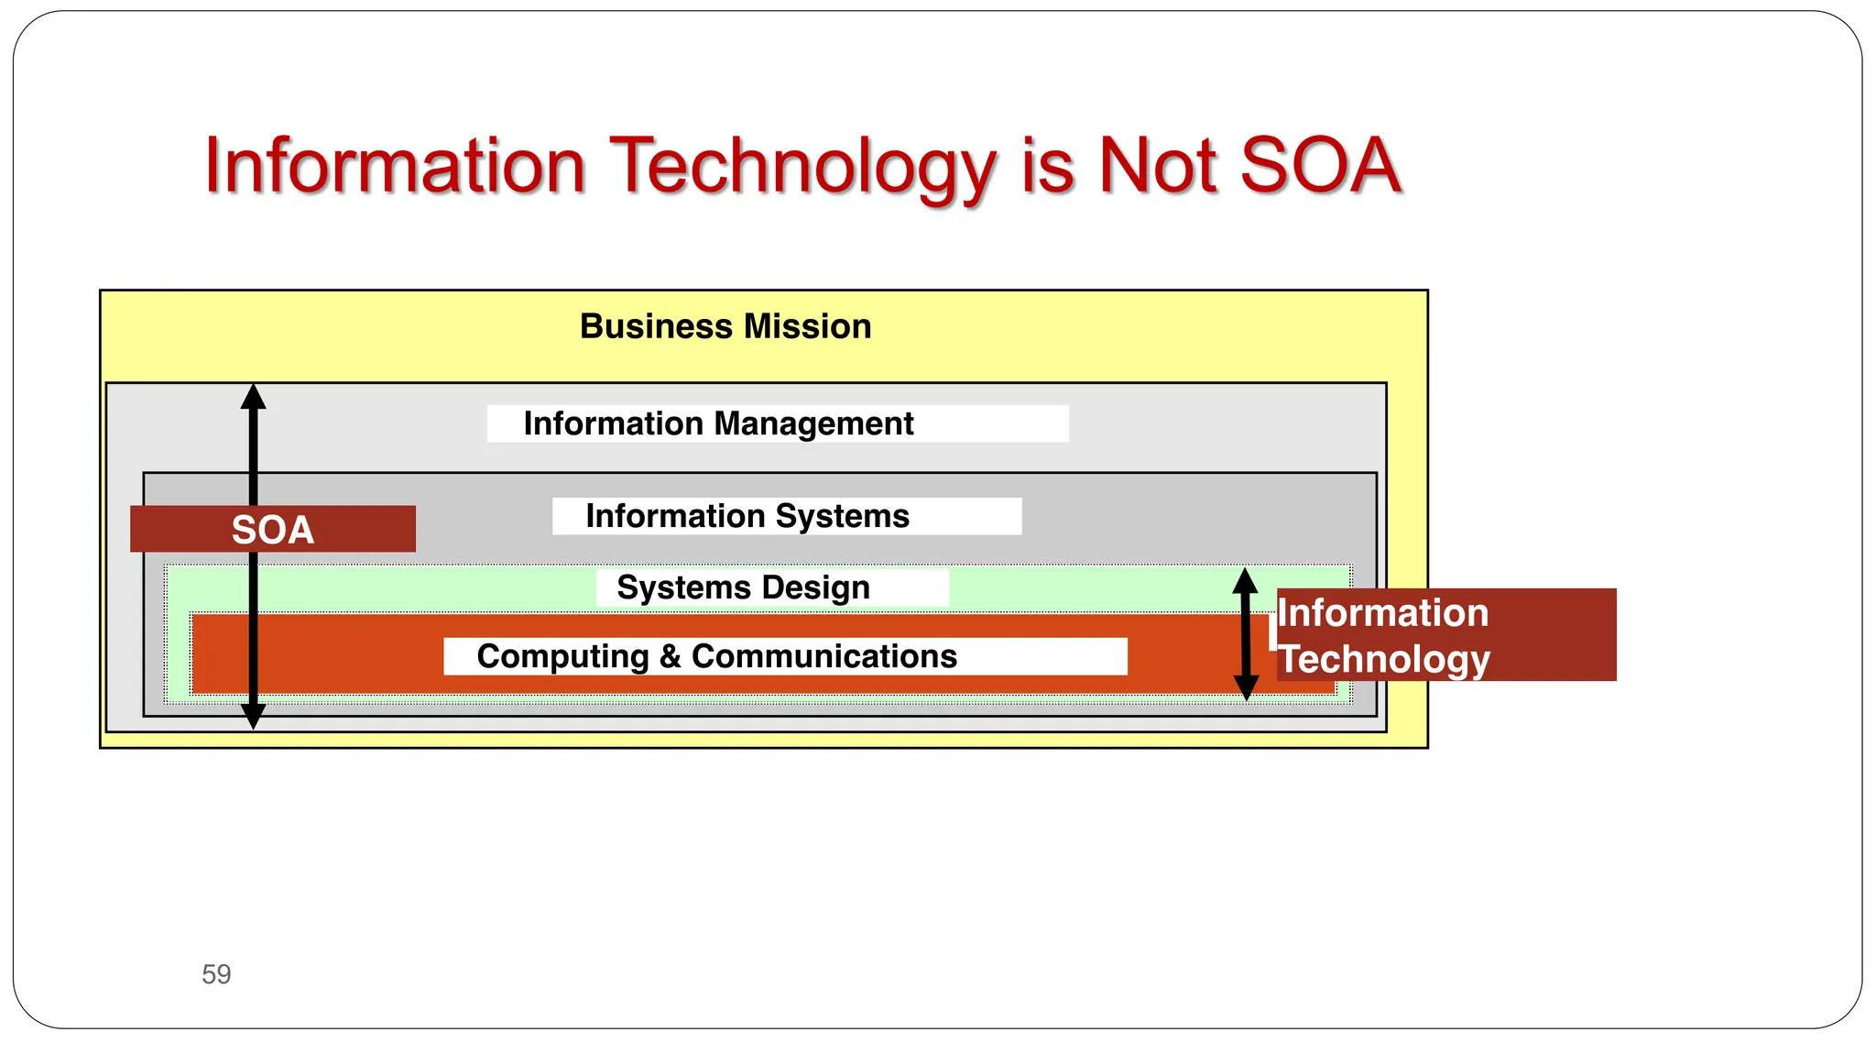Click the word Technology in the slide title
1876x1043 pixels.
coord(802,167)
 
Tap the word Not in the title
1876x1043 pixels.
coord(1158,165)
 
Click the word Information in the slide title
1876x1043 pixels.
coord(395,167)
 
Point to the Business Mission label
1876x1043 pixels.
coord(725,326)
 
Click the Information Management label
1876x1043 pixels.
coord(718,423)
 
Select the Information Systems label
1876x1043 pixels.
coord(747,516)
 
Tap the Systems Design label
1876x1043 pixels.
coord(743,587)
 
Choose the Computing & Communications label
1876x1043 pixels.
coord(716,656)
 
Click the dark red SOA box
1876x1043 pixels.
coord(273,529)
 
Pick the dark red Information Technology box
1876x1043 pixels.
coord(1445,634)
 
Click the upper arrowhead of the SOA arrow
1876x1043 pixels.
coord(254,397)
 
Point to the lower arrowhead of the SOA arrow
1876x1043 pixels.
coord(254,716)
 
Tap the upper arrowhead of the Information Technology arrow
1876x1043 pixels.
coord(1245,580)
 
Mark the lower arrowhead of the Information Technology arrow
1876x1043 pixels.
coord(1246,687)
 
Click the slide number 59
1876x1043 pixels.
coord(216,973)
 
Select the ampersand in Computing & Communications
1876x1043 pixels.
coord(670,656)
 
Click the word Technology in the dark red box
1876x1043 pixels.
coord(1384,658)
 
